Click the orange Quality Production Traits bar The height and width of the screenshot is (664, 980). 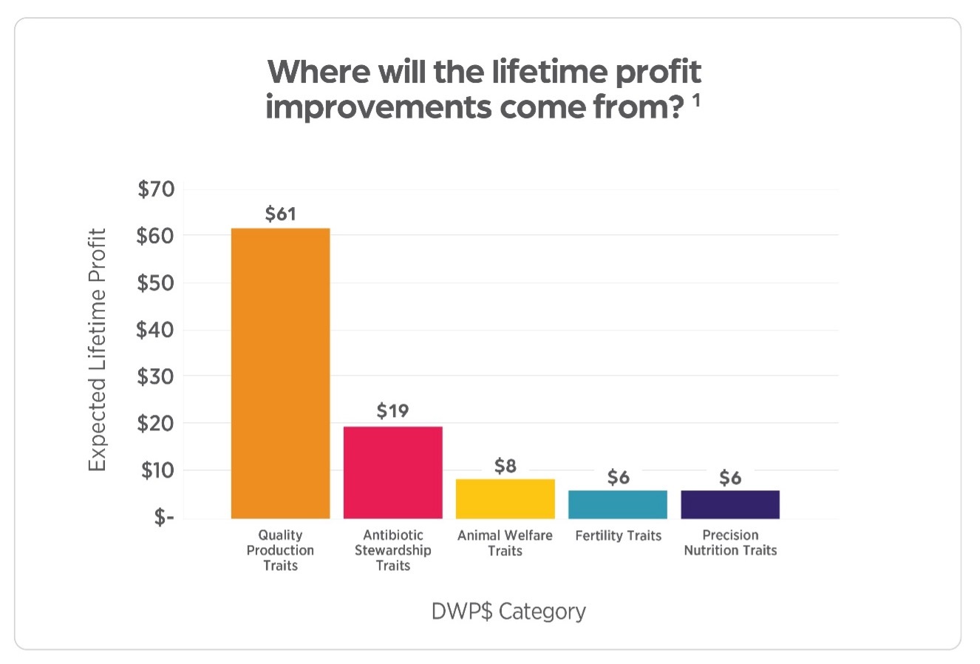coord(280,373)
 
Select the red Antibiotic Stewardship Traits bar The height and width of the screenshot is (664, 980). coord(392,472)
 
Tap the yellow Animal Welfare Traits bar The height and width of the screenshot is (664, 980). coord(505,499)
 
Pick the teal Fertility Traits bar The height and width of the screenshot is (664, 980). coord(617,504)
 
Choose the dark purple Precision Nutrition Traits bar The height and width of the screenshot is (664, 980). coord(729,504)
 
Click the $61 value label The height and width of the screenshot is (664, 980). coord(280,214)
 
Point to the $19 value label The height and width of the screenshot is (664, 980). coord(392,411)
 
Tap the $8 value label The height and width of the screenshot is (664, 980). coord(506,467)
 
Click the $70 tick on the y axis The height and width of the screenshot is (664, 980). coord(155,189)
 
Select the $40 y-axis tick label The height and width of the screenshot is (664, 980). coord(155,330)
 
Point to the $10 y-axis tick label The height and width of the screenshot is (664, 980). coord(155,470)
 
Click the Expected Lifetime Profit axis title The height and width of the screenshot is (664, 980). coord(98,350)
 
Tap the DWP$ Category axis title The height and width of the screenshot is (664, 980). coord(508,612)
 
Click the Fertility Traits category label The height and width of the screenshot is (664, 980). coord(618,535)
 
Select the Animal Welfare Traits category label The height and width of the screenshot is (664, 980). coord(505,543)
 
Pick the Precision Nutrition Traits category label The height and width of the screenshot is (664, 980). coord(730,543)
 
